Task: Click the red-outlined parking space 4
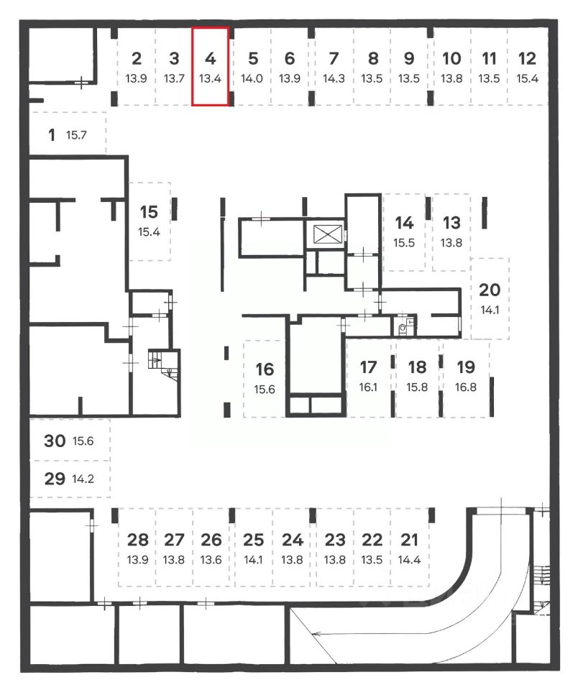click(x=210, y=66)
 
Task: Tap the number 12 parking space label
click(x=527, y=58)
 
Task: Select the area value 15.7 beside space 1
click(x=76, y=135)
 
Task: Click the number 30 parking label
click(x=55, y=441)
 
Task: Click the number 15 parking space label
click(x=149, y=212)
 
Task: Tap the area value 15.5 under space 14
click(x=405, y=243)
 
